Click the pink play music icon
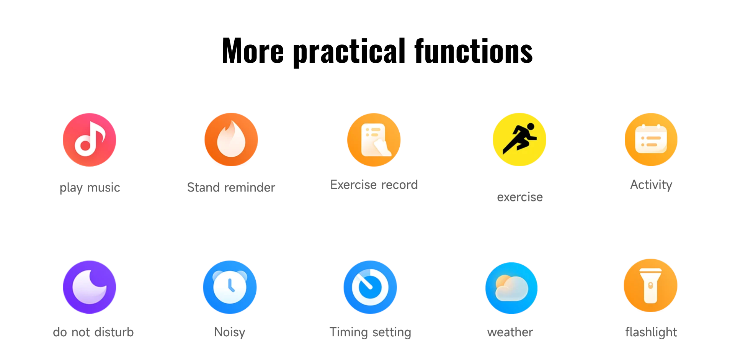90,140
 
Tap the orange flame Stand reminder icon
231,139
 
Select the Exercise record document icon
374,140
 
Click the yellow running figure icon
519,139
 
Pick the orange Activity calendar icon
651,139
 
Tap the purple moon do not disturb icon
90,287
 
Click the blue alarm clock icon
230,287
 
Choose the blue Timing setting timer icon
370,287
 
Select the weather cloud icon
511,288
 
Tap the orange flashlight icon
651,286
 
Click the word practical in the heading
349,52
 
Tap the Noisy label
230,332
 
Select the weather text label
510,332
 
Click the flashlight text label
651,332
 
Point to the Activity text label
651,185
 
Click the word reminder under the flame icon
250,187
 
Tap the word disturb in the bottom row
114,332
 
